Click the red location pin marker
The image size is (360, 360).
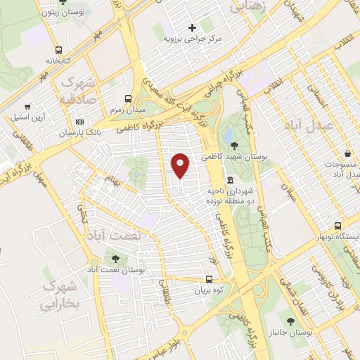(x=181, y=165)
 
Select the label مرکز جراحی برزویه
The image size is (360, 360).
(x=191, y=39)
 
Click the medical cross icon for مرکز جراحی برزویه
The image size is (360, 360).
(x=191, y=27)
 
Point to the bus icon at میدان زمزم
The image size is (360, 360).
(x=128, y=99)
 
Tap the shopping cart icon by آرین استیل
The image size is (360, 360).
(x=27, y=107)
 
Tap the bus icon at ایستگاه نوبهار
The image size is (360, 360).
(x=338, y=226)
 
